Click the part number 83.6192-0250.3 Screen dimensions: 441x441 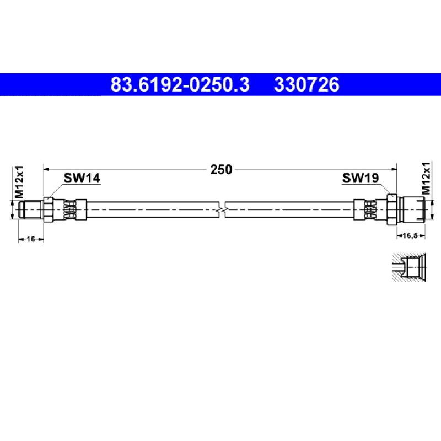[180, 85]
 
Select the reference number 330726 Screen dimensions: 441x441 [306, 85]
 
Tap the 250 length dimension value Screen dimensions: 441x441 [221, 170]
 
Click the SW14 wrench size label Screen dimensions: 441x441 [82, 178]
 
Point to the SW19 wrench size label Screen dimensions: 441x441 [361, 178]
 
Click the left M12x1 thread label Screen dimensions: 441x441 [19, 182]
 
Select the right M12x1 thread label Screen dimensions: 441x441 [426, 178]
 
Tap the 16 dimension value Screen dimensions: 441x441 [31, 239]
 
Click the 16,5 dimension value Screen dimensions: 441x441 [410, 235]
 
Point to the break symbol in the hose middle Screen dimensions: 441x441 [222, 209]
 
